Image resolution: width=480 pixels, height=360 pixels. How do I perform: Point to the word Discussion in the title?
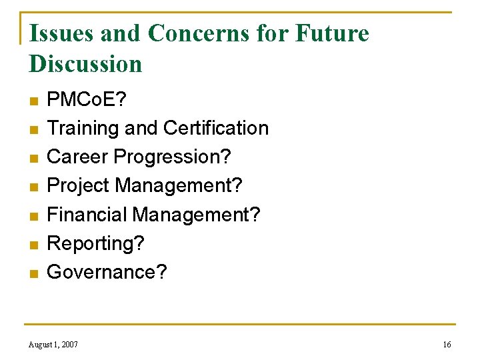85,64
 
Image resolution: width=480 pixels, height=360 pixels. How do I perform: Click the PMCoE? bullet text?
86,99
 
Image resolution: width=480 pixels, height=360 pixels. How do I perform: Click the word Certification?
216,128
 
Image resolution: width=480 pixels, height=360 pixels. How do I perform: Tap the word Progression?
173,157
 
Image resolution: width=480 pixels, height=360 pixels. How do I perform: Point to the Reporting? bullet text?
95,244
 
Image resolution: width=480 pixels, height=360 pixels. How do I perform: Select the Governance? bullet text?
107,272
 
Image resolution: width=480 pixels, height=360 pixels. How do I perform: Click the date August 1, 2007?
53,344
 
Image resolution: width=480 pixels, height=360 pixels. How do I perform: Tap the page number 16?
446,344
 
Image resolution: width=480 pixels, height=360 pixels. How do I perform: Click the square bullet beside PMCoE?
33,101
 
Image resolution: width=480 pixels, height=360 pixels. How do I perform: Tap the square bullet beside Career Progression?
33,159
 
